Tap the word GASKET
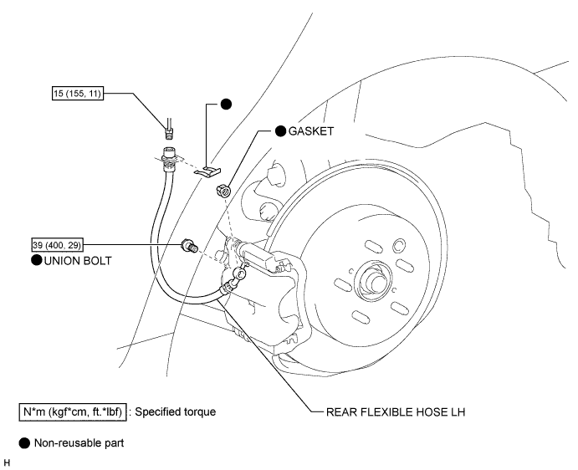point(311,131)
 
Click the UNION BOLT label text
point(78,261)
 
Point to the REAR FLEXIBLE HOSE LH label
point(396,411)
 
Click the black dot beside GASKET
point(280,130)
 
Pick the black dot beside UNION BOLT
point(37,260)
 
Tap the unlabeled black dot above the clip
point(226,105)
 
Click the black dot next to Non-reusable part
point(24,443)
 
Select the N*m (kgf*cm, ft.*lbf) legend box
point(73,411)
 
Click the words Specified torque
point(176,411)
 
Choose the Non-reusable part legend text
point(79,442)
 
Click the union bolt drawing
point(190,246)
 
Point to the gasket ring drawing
point(223,191)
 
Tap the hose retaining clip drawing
point(208,171)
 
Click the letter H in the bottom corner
point(7,463)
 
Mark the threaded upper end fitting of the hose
point(169,159)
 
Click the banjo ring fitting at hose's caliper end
point(239,274)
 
